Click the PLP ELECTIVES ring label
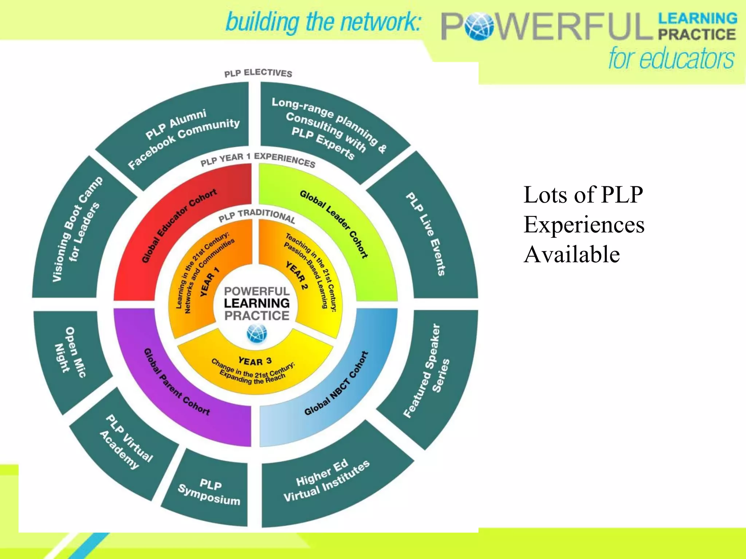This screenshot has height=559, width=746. coord(258,73)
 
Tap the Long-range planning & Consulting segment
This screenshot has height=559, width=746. coord(328,127)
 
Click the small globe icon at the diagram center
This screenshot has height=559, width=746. coord(256,333)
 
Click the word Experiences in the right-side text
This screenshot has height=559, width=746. coord(584,225)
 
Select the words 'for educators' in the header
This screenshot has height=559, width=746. coord(671,58)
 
